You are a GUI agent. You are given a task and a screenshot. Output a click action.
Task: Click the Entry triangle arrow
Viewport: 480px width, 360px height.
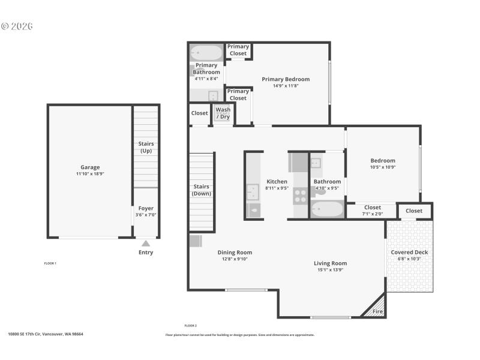tap(145, 243)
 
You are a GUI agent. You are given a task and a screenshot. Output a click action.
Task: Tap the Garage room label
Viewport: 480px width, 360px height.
tap(90, 167)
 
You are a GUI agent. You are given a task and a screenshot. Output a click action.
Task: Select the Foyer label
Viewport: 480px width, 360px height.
tap(146, 208)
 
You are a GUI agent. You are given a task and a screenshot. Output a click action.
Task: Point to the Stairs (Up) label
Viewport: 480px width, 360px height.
tap(146, 147)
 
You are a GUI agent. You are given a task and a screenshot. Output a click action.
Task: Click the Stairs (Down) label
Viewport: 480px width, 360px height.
tap(201, 190)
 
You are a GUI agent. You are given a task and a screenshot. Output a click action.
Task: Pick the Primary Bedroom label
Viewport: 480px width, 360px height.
tap(286, 79)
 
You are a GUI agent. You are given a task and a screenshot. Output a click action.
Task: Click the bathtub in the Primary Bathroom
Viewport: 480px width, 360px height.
tap(206, 53)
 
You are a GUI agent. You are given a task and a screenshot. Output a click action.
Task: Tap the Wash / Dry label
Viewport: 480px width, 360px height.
tap(223, 113)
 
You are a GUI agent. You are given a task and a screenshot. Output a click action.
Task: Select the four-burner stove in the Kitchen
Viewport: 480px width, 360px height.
tap(300, 196)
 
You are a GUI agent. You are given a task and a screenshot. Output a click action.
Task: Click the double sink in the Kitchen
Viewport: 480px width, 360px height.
tap(253, 192)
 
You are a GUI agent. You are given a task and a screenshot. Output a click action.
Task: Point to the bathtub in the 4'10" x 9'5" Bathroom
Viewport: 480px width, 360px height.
tap(327, 209)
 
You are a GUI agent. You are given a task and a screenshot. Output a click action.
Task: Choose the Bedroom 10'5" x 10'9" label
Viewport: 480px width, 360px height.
tap(382, 160)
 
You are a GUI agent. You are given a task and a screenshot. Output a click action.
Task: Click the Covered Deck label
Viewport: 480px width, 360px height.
tap(409, 252)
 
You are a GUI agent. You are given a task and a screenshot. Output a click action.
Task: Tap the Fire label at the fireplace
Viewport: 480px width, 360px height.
tap(377, 311)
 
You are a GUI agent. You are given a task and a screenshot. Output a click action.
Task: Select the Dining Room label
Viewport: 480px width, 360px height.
tap(235, 253)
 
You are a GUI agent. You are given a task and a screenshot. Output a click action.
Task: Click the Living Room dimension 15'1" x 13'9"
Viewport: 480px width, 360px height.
tap(330, 270)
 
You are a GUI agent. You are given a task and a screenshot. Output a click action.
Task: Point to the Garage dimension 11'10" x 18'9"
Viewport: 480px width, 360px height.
tap(90, 174)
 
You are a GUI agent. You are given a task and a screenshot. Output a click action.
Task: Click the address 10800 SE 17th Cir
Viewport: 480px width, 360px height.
tap(46, 334)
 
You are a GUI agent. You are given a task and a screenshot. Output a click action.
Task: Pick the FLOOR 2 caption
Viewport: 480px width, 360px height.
tap(191, 325)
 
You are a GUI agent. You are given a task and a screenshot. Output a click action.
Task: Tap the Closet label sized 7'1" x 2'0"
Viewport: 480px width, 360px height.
tap(372, 208)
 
